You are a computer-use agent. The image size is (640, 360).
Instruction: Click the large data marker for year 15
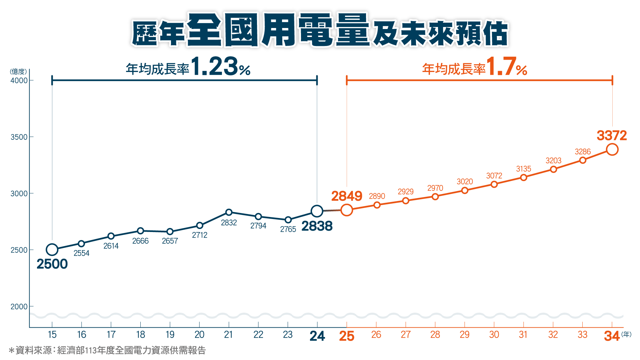pyautogui.click(x=52, y=249)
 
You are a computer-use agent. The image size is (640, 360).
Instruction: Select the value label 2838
pyautogui.click(x=317, y=226)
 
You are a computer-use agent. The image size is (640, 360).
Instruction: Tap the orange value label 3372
pyautogui.click(x=612, y=135)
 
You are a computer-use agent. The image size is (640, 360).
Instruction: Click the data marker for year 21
pyautogui.click(x=229, y=212)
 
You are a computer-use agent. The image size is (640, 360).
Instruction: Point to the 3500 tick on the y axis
pyautogui.click(x=19, y=137)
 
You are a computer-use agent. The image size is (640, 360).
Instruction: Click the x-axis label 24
pyautogui.click(x=317, y=336)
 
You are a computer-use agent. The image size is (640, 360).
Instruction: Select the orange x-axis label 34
pyautogui.click(x=612, y=336)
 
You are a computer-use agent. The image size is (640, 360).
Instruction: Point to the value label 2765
pyautogui.click(x=288, y=229)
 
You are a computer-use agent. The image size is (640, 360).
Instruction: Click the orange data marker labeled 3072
pyautogui.click(x=494, y=184)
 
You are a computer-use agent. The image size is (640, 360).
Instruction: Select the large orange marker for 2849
pyautogui.click(x=347, y=210)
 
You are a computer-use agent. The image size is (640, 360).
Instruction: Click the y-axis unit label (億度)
pyautogui.click(x=18, y=71)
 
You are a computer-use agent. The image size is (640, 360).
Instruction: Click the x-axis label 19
pyautogui.click(x=170, y=335)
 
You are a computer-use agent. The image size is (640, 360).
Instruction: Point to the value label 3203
pyautogui.click(x=553, y=161)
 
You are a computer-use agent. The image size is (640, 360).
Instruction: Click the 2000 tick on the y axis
pyautogui.click(x=19, y=307)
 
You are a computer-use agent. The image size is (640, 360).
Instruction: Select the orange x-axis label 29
pyautogui.click(x=464, y=335)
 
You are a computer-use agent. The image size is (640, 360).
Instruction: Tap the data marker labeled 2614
pyautogui.click(x=111, y=236)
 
